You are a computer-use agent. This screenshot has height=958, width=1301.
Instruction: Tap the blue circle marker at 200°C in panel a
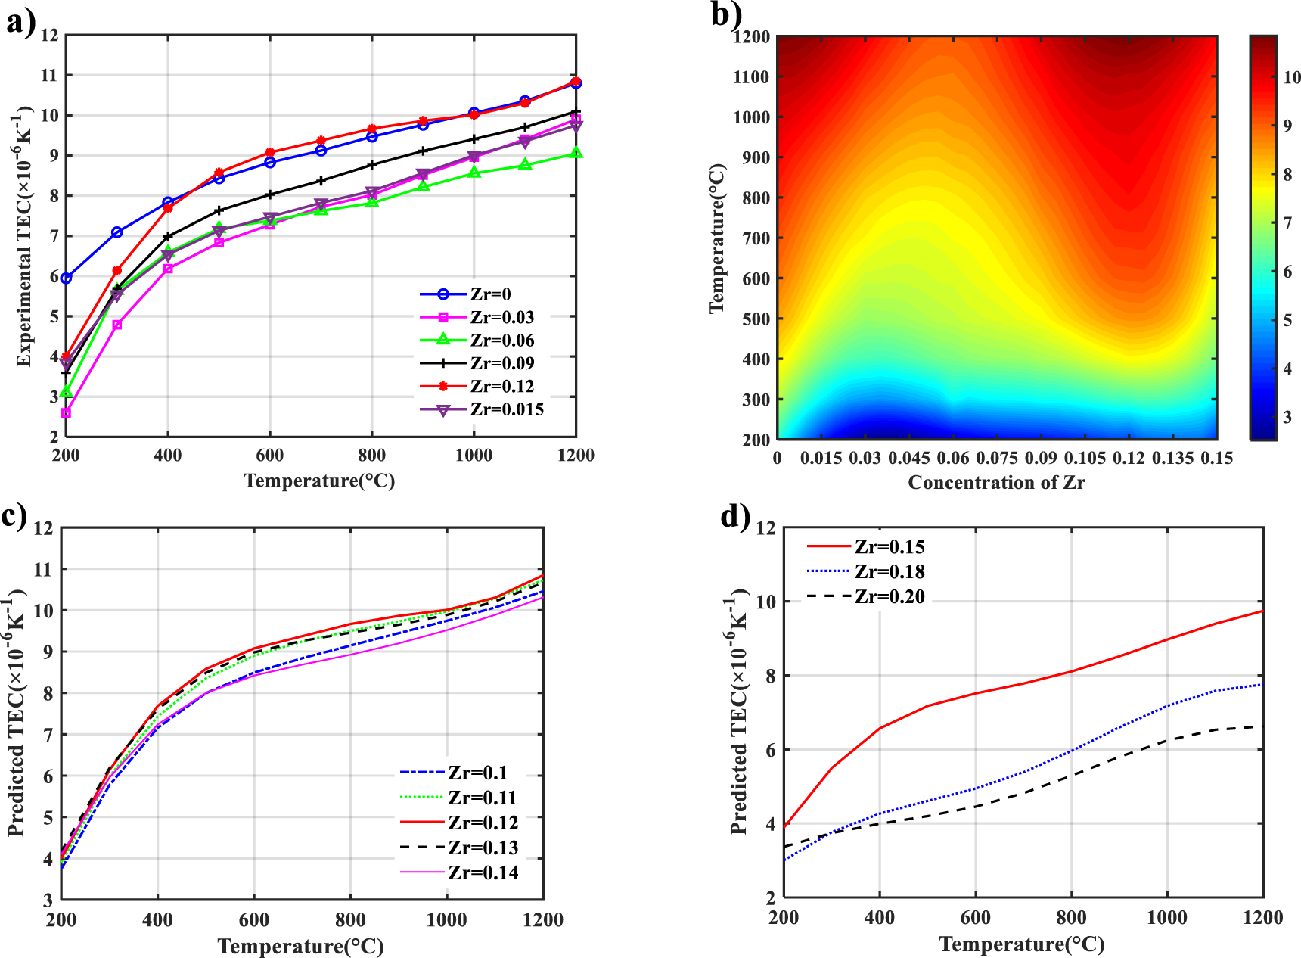pyautogui.click(x=67, y=278)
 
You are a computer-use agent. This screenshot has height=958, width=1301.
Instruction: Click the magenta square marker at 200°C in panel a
pyautogui.click(x=67, y=413)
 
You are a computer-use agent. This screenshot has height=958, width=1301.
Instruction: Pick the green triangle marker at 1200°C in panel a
pyautogui.click(x=576, y=153)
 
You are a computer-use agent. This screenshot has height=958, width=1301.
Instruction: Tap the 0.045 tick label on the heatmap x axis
pyautogui.click(x=908, y=458)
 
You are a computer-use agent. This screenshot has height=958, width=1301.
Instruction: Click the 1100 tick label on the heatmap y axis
pyautogui.click(x=751, y=77)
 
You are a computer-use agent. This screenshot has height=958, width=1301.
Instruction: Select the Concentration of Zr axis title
pyautogui.click(x=996, y=483)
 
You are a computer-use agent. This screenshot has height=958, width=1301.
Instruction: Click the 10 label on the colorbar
pyautogui.click(x=1291, y=77)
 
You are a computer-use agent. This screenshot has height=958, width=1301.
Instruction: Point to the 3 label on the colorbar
pyautogui.click(x=1287, y=417)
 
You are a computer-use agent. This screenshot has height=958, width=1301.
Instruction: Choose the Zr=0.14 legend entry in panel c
pyautogui.click(x=483, y=872)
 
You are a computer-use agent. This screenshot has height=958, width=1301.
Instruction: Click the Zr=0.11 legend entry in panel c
pyautogui.click(x=482, y=798)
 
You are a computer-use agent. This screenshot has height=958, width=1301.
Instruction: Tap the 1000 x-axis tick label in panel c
pyautogui.click(x=446, y=920)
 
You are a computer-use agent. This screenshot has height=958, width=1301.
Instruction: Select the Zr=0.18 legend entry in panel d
pyautogui.click(x=889, y=571)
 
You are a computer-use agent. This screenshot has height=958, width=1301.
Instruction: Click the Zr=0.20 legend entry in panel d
pyautogui.click(x=889, y=596)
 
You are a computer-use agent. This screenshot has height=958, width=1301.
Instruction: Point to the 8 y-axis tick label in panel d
pyautogui.click(x=771, y=676)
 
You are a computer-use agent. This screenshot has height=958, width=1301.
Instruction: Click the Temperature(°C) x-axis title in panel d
pyautogui.click(x=1022, y=944)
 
